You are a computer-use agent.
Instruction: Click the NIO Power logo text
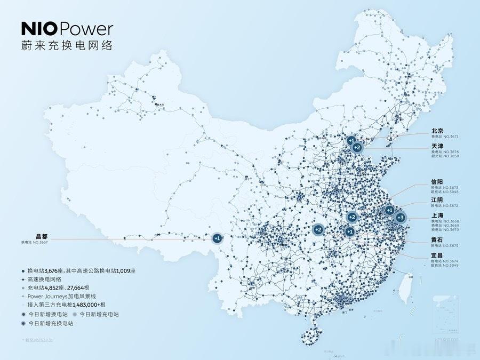pos(67,29)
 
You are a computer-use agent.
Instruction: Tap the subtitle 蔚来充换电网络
pos(67,45)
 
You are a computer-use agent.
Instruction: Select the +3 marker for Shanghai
pos(401,218)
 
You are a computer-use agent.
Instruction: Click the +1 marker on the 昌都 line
pos(217,238)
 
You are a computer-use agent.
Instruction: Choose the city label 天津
pos(437,146)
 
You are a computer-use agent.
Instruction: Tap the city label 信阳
pos(437,182)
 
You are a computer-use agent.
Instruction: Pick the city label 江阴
pos(437,200)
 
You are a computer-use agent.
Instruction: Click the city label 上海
pos(437,215)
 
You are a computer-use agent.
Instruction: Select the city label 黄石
pos(437,240)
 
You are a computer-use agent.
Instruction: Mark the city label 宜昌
pos(437,255)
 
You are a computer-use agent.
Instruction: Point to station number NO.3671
pos(451,137)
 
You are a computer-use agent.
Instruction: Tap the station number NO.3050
pos(451,156)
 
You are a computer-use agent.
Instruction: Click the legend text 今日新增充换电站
pos(51,323)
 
